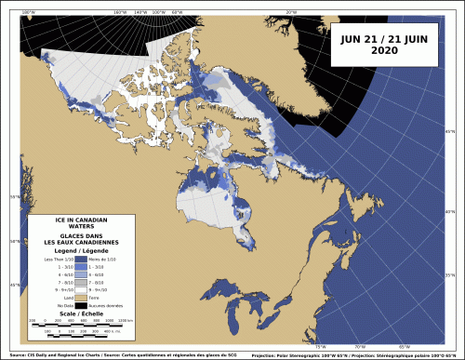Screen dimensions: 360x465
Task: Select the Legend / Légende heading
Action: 82,251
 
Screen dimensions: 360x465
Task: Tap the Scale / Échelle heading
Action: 82,313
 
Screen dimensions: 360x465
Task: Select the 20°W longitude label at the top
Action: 291,12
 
